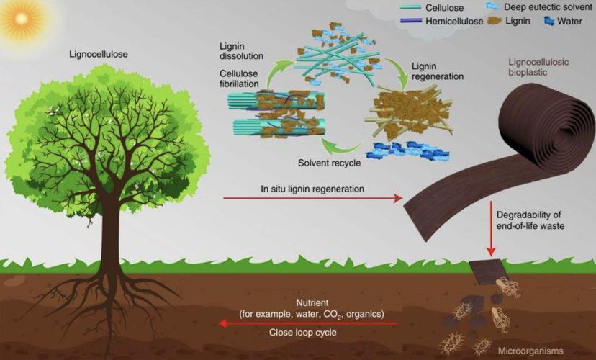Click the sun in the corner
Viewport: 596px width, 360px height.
[x=21, y=18]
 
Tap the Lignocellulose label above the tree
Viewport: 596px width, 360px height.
[x=99, y=55]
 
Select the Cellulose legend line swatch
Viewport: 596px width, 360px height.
[x=411, y=7]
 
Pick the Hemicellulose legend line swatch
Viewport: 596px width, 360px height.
[x=411, y=21]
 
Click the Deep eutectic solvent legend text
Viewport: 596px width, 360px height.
[x=548, y=7]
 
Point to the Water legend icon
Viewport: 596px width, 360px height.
[x=549, y=21]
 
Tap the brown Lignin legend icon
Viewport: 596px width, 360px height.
[x=494, y=21]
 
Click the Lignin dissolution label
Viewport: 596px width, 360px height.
[x=241, y=51]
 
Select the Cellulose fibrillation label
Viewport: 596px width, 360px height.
[x=239, y=78]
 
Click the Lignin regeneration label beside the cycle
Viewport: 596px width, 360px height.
[x=438, y=71]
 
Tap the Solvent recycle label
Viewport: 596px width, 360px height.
[x=329, y=163]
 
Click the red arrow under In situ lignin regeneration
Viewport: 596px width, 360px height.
[x=313, y=198]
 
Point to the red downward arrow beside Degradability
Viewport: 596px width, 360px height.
[x=492, y=229]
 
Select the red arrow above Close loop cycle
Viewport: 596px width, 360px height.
[x=308, y=323]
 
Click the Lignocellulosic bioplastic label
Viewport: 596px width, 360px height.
[x=538, y=67]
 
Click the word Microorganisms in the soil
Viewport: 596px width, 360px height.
[x=530, y=351]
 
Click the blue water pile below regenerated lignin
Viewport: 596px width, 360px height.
[x=407, y=150]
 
